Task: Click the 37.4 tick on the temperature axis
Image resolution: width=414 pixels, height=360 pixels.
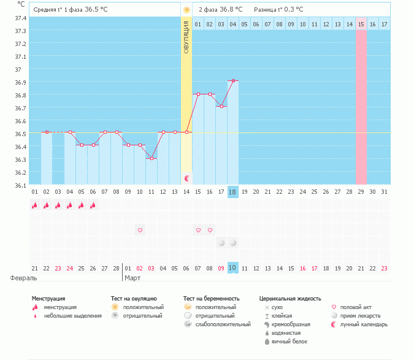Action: tap(20, 18)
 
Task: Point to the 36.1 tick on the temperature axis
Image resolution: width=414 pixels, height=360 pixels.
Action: tap(20, 185)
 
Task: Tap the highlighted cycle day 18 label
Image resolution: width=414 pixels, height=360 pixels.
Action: tap(232, 192)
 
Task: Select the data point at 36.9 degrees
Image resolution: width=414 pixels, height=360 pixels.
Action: tap(233, 81)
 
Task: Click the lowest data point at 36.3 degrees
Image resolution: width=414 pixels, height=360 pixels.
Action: tap(151, 158)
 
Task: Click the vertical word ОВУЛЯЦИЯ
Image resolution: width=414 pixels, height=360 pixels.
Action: tap(186, 36)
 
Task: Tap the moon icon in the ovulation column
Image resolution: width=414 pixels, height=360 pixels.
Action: tap(186, 178)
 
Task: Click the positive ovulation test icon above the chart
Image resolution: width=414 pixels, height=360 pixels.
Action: tap(186, 10)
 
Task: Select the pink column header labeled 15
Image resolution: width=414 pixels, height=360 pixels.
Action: tap(361, 24)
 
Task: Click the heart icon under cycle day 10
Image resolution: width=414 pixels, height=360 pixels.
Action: tap(140, 230)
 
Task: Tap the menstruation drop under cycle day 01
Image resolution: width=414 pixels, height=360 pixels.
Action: tap(35, 206)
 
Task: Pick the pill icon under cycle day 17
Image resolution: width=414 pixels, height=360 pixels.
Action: tap(221, 243)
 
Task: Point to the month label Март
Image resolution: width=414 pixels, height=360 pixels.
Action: tap(133, 277)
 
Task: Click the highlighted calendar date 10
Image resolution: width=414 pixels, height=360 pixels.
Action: tap(232, 268)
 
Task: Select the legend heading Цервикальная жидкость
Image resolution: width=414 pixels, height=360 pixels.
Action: tap(289, 299)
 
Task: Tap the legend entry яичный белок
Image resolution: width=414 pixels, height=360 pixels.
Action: tap(285, 341)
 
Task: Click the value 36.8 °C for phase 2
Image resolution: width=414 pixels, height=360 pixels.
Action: tap(231, 10)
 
